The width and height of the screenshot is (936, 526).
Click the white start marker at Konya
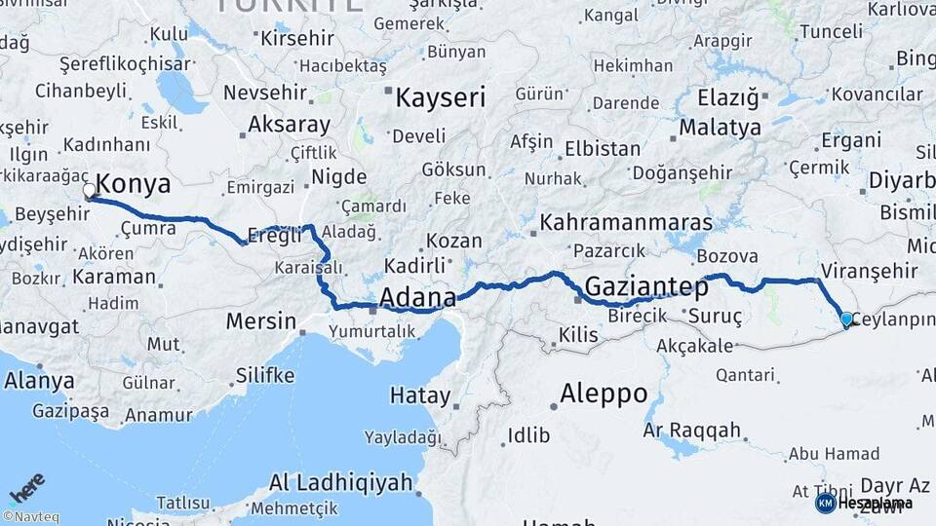pyautogui.click(x=90, y=191)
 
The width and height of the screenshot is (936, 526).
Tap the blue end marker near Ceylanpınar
pyautogui.click(x=845, y=319)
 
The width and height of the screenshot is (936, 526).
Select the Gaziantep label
pyautogui.click(x=646, y=286)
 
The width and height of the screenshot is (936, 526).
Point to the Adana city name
pyautogui.click(x=417, y=297)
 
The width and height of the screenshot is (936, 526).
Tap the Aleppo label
pyautogui.click(x=604, y=394)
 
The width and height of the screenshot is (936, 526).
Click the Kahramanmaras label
pyautogui.click(x=626, y=222)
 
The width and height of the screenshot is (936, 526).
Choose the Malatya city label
pyautogui.click(x=720, y=127)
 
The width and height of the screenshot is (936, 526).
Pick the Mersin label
pyautogui.click(x=260, y=319)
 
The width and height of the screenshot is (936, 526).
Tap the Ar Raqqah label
pyautogui.click(x=692, y=430)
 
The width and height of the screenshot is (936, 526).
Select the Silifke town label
pyautogui.click(x=265, y=375)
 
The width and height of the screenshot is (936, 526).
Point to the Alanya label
pyautogui.click(x=39, y=380)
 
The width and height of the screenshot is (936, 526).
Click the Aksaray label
pyautogui.click(x=289, y=125)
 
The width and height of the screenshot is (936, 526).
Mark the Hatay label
pyautogui.click(x=420, y=396)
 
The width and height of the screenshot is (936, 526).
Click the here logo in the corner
pyautogui.click(x=26, y=487)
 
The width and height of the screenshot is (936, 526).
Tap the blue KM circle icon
pyautogui.click(x=825, y=503)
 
